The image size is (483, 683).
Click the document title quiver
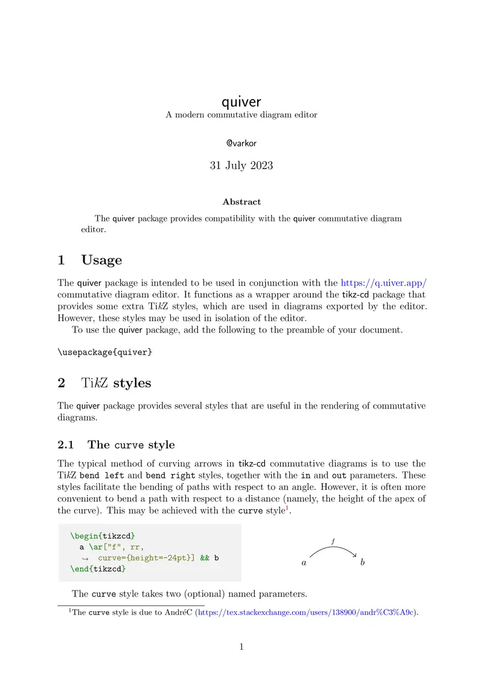point(241,101)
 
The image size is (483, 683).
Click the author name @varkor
point(241,143)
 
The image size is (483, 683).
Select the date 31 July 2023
point(241,165)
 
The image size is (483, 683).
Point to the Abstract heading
point(241,202)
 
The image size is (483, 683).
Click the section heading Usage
point(101,260)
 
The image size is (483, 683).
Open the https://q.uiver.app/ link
point(383,282)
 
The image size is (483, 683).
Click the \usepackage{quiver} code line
point(105,352)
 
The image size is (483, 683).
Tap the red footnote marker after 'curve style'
point(287,507)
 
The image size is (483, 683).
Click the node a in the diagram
point(304,563)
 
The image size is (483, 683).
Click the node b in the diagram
point(362,562)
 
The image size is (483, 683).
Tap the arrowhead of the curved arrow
point(356,556)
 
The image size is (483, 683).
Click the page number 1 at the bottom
point(241,647)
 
